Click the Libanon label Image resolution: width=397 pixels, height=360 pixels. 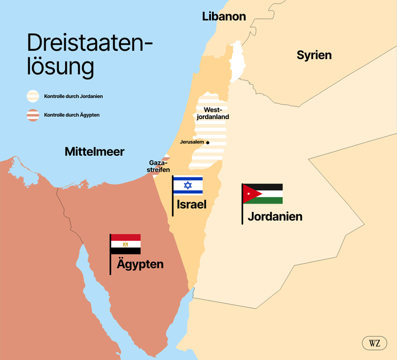pos(223,17)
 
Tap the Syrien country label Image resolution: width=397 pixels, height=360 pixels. pos(314,55)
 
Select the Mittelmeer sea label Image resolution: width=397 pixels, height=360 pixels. pos(95,152)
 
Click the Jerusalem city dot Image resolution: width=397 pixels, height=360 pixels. pos(207,142)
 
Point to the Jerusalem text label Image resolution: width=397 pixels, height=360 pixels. pos(191,142)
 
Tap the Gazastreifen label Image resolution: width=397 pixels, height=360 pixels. pos(158,166)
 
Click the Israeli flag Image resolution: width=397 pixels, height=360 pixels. pos(188,185)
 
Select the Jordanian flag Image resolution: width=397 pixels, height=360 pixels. pos(263,194)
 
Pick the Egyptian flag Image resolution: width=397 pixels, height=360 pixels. pos(126,244)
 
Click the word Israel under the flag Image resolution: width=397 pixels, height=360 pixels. pos(191,205)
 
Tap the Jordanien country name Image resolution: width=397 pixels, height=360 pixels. pos(275,217)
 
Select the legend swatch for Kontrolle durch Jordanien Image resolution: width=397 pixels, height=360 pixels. pos(33,96)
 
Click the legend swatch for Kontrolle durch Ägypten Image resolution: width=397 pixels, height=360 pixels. pos(33,115)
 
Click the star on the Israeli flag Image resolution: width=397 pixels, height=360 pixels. pos(188,185)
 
